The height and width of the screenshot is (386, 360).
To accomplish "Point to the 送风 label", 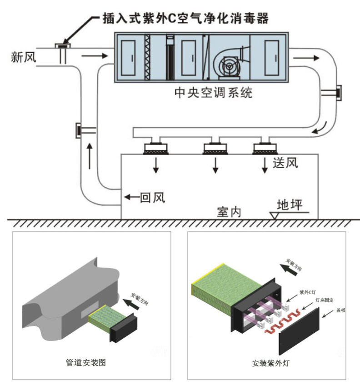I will pyautogui.click(x=285, y=163).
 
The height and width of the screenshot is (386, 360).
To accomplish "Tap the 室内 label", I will pyautogui.click(x=229, y=212).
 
